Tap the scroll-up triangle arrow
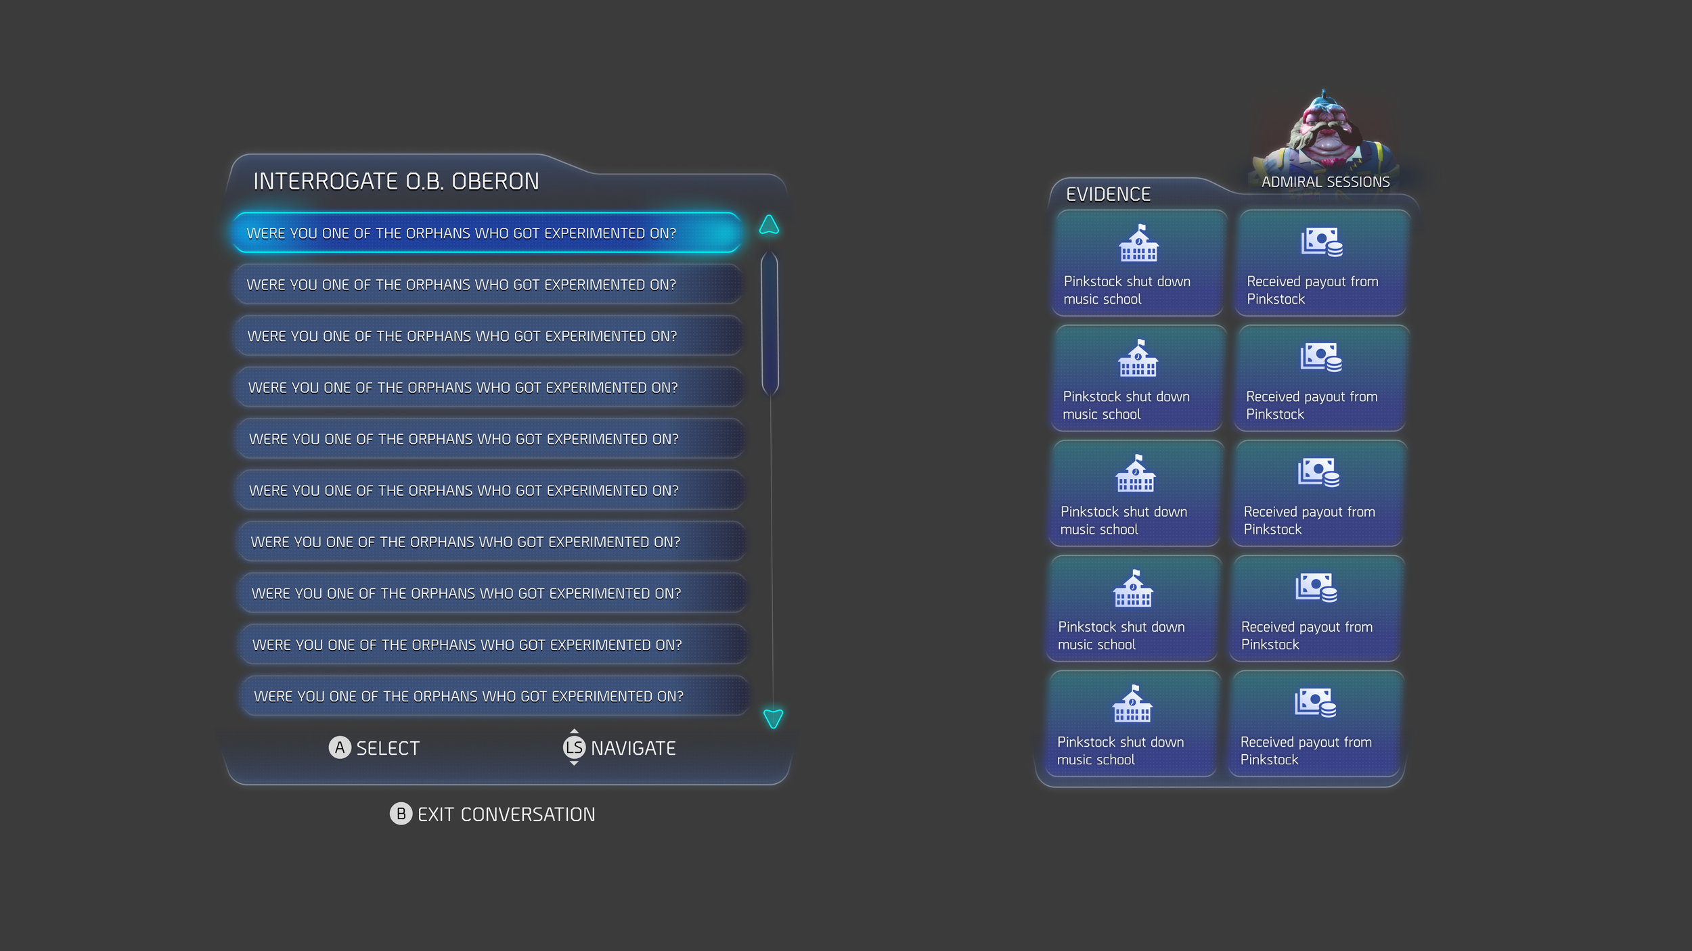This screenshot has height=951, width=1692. [769, 225]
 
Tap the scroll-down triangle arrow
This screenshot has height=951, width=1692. [773, 718]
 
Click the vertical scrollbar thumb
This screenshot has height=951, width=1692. [770, 323]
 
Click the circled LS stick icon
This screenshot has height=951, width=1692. [574, 747]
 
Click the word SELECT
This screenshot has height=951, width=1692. [388, 748]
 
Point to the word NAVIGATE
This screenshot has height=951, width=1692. [633, 748]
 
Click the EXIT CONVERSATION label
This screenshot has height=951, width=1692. [506, 814]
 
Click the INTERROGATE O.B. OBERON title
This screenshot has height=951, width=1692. [396, 181]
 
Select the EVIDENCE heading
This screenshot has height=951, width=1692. [1108, 194]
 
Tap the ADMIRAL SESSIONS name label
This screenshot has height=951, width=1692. [1325, 182]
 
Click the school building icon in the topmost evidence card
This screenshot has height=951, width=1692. [1138, 243]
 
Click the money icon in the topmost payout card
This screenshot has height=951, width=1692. [1321, 242]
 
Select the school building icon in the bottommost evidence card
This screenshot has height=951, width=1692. [1132, 704]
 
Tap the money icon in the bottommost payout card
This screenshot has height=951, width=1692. [1315, 703]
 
